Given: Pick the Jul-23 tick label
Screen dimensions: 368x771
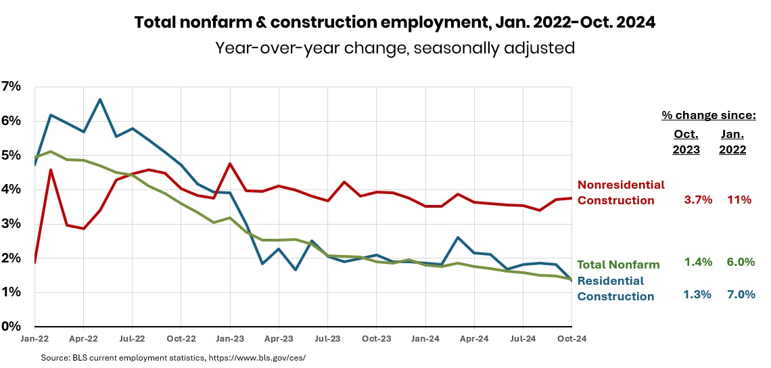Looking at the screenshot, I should pos(327,339).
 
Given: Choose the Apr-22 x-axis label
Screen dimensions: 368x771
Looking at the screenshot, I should pos(83,339).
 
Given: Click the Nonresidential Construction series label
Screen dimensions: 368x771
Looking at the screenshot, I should pos(621,192).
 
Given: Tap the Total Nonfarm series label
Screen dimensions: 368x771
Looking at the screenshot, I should pos(619,263).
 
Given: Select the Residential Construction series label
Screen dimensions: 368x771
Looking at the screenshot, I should pos(615,288).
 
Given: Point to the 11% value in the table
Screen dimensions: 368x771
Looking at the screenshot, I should pos(740,200).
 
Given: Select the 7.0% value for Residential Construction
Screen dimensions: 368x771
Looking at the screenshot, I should pos(740,294).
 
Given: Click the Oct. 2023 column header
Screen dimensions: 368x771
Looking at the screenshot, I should pos(686,142).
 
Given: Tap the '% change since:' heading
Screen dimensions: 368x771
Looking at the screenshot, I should pos(709,116).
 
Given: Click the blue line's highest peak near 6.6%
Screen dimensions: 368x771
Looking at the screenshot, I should pos(100,99).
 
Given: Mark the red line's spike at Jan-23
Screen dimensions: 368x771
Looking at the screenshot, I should pos(230,164).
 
